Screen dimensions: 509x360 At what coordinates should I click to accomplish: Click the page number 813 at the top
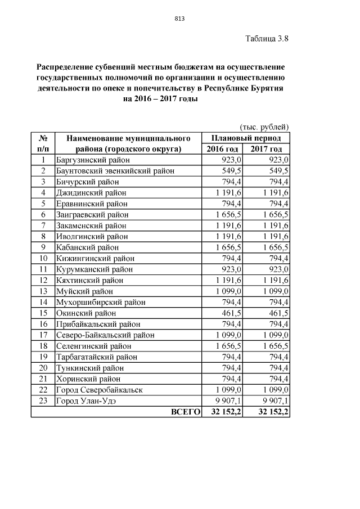pos(180,19)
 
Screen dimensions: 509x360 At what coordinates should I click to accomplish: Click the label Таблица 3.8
pos(267,39)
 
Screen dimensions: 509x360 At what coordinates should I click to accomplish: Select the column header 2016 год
pos(222,148)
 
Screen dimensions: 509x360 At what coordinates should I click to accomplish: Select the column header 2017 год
pos(266,148)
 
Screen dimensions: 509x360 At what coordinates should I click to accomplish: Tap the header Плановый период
pos(245,138)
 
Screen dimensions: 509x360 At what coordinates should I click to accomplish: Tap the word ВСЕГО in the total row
pos(186,412)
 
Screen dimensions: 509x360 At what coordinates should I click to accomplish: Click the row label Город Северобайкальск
pos(100,390)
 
